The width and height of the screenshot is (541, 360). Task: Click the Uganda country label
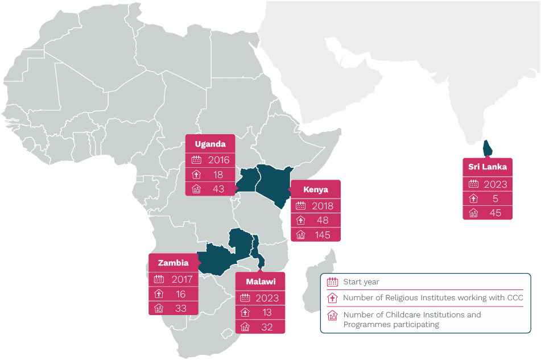(x=210, y=144)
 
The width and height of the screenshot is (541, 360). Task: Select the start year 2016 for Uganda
(x=218, y=160)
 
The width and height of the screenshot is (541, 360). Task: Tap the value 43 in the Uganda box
(x=218, y=189)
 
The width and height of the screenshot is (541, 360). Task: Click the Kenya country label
(x=315, y=189)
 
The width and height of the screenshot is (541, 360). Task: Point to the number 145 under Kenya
(x=322, y=235)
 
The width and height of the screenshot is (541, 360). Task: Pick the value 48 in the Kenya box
(x=322, y=221)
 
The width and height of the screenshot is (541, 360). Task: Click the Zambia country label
(x=173, y=263)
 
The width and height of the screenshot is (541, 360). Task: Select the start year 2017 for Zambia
(x=182, y=279)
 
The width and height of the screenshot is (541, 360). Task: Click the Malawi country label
(x=261, y=282)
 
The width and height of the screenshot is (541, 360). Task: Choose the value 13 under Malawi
(x=267, y=312)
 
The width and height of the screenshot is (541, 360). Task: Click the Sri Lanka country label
(x=487, y=167)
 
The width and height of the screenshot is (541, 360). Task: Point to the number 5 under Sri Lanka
(x=495, y=199)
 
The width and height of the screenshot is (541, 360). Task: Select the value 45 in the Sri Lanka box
(x=495, y=213)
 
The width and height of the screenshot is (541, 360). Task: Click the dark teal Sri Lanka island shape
(x=488, y=148)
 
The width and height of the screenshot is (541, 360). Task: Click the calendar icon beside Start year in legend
(x=332, y=282)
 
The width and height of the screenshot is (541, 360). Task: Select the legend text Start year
(x=361, y=282)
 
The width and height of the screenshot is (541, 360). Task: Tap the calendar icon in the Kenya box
(x=301, y=206)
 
